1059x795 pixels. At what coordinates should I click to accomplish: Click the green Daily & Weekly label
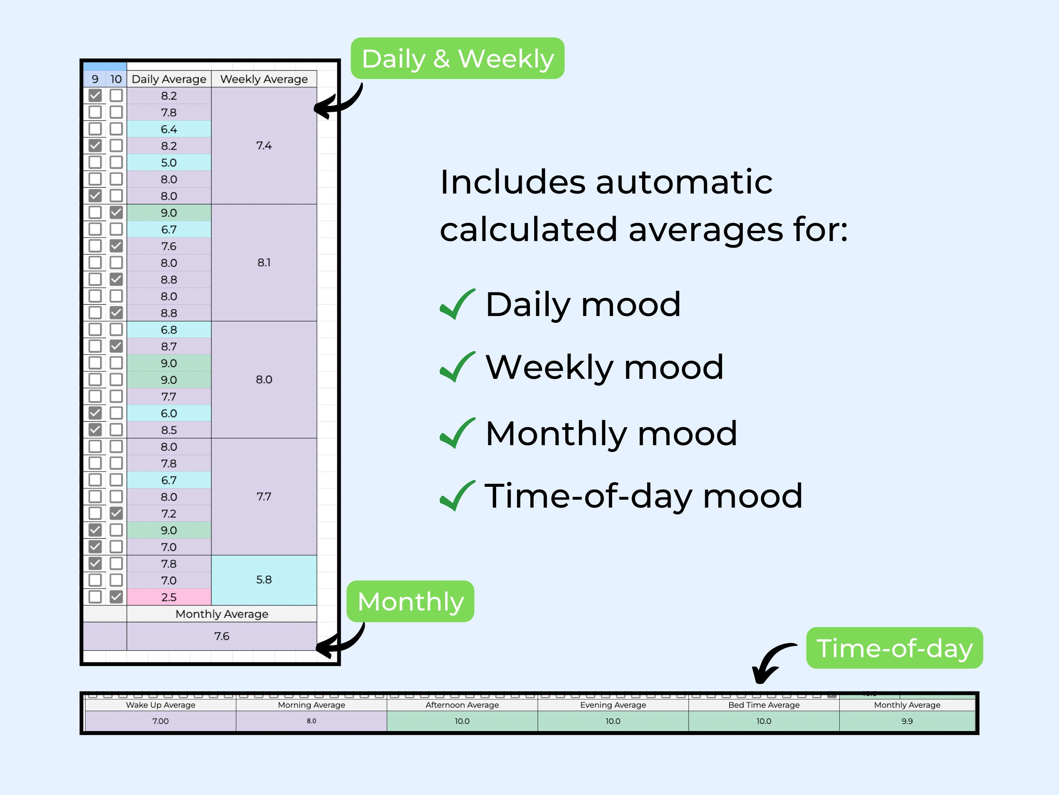[x=457, y=58]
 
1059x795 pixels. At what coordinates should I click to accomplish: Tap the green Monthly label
[x=410, y=601]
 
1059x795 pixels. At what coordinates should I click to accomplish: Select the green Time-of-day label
[x=894, y=648]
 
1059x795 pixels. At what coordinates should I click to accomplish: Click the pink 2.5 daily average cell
[x=169, y=597]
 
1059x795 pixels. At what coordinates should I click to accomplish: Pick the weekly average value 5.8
[x=264, y=580]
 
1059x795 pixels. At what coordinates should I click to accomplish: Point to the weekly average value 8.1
[x=264, y=263]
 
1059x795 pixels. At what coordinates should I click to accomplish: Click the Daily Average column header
[x=169, y=79]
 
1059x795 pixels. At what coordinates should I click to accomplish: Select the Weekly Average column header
[x=264, y=79]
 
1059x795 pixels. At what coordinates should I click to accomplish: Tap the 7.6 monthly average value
[x=222, y=636]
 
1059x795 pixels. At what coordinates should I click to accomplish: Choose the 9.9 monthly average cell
[x=907, y=721]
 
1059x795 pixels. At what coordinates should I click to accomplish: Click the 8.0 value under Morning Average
[x=311, y=721]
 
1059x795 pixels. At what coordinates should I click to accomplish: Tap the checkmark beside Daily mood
[x=457, y=304]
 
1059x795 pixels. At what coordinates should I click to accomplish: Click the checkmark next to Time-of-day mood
[x=457, y=496]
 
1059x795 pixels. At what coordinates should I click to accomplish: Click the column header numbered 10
[x=116, y=79]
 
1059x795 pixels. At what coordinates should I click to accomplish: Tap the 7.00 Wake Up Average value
[x=160, y=721]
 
